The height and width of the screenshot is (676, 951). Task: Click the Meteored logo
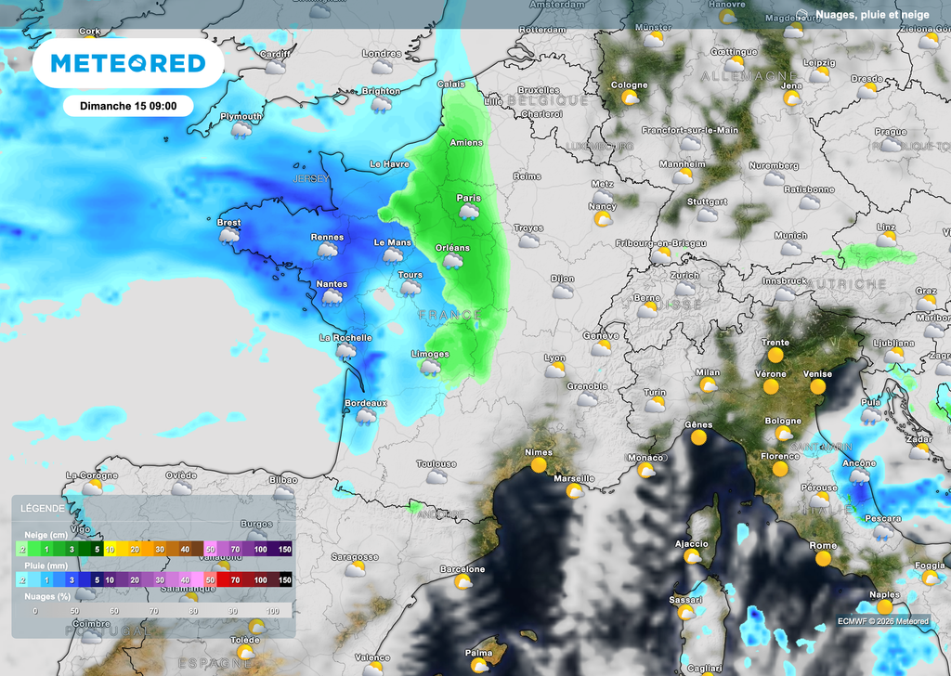click(127, 63)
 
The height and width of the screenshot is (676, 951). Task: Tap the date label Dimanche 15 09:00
click(128, 106)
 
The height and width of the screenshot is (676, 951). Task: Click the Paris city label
click(468, 198)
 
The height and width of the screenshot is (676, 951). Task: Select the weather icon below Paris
click(469, 212)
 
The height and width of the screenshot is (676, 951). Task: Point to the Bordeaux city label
click(365, 403)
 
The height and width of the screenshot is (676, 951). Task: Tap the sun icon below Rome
click(823, 559)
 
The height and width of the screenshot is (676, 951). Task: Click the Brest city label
click(228, 223)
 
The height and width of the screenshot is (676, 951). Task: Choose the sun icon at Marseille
click(575, 490)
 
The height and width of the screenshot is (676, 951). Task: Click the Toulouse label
click(436, 463)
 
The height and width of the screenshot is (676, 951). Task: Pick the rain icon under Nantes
click(332, 297)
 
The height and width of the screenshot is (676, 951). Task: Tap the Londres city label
click(382, 54)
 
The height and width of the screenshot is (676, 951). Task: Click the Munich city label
click(790, 236)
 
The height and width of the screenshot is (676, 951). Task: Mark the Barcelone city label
click(462, 569)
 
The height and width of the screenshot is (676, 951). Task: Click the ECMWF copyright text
click(882, 621)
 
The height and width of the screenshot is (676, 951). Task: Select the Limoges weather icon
click(430, 368)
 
